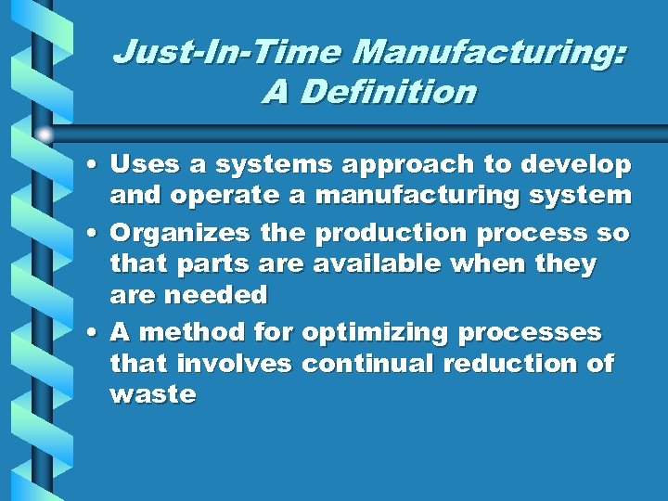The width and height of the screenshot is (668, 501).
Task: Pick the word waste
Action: pyautogui.click(x=152, y=395)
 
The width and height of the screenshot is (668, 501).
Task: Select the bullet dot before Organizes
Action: pyautogui.click(x=96, y=233)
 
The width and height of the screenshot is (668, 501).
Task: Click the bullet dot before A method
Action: pyautogui.click(x=96, y=331)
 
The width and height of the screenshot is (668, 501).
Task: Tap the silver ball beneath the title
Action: pyautogui.click(x=45, y=135)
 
